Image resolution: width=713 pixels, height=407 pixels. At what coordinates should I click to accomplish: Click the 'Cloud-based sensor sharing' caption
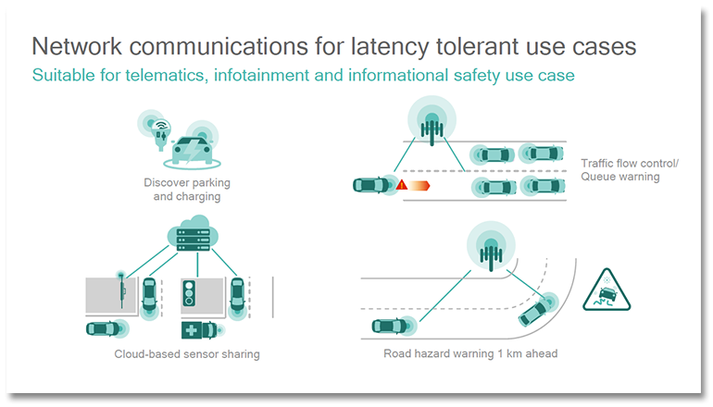coord(187,353)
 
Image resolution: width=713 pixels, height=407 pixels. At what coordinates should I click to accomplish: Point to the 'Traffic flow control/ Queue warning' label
coord(629,170)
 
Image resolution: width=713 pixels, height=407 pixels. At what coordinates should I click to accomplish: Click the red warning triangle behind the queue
coord(402,186)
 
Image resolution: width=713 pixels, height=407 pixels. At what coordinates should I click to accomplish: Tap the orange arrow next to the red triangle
coord(420,186)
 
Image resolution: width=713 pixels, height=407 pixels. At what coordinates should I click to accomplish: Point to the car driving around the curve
coord(534,310)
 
